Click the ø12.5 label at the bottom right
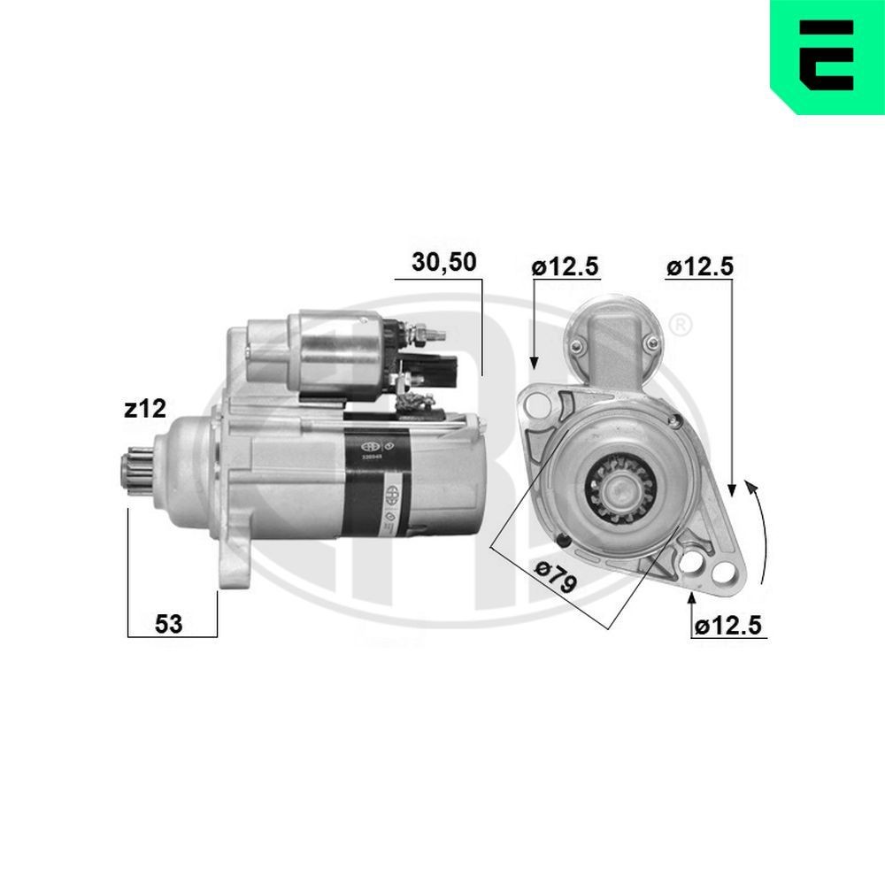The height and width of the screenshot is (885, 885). click(727, 626)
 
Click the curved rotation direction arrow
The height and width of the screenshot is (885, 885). click(760, 531)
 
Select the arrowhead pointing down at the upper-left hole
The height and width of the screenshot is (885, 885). click(534, 362)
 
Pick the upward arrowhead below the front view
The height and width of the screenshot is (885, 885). click(692, 602)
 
